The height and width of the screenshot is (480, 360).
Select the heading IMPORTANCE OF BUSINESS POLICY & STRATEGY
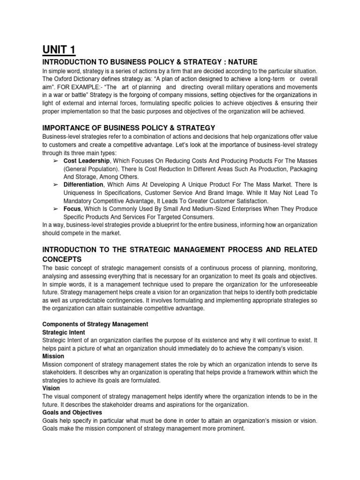coord(129,127)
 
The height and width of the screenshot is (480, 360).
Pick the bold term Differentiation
coord(83,186)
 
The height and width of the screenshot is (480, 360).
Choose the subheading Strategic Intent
coord(64,332)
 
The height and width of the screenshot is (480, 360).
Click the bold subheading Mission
coord(52,356)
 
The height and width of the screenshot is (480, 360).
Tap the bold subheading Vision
coord(51,389)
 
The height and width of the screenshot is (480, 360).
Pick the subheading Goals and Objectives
coord(72,413)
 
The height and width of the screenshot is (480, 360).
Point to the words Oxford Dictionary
coord(76,79)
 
